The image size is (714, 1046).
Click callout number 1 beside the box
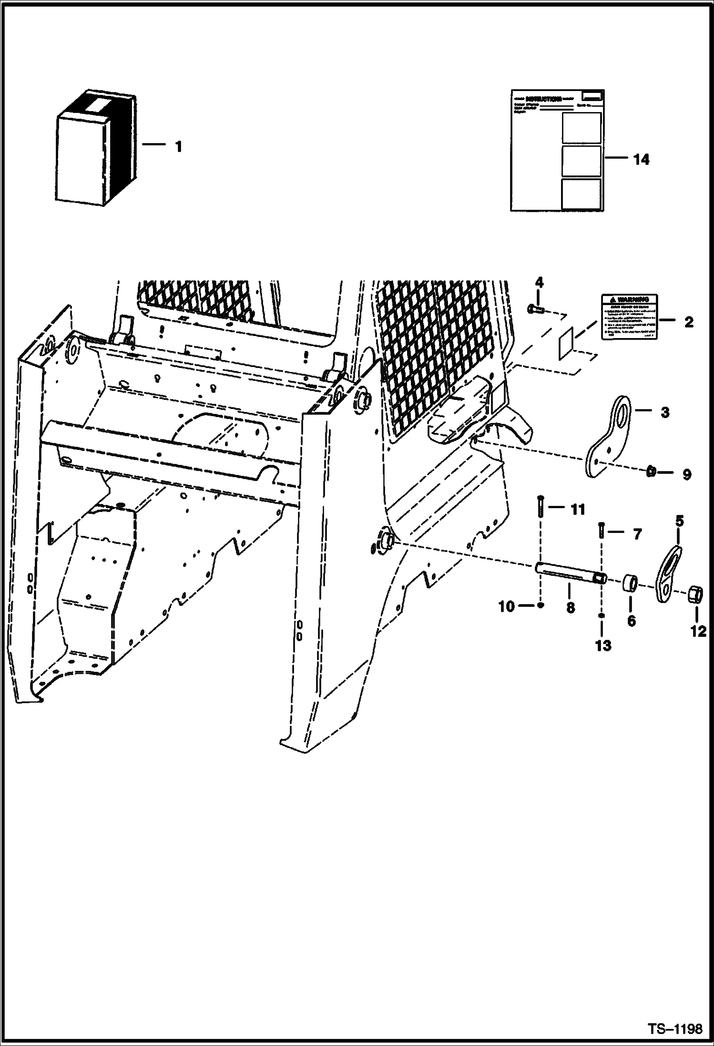tap(178, 147)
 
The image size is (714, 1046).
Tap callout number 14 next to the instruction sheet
tap(641, 160)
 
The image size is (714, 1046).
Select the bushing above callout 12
tap(695, 595)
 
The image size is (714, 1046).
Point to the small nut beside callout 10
tap(540, 605)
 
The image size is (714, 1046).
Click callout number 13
tap(603, 646)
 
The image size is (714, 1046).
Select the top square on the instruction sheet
tap(581, 128)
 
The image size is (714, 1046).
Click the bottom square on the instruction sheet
tap(581, 194)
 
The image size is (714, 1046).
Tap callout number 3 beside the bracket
tap(664, 412)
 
